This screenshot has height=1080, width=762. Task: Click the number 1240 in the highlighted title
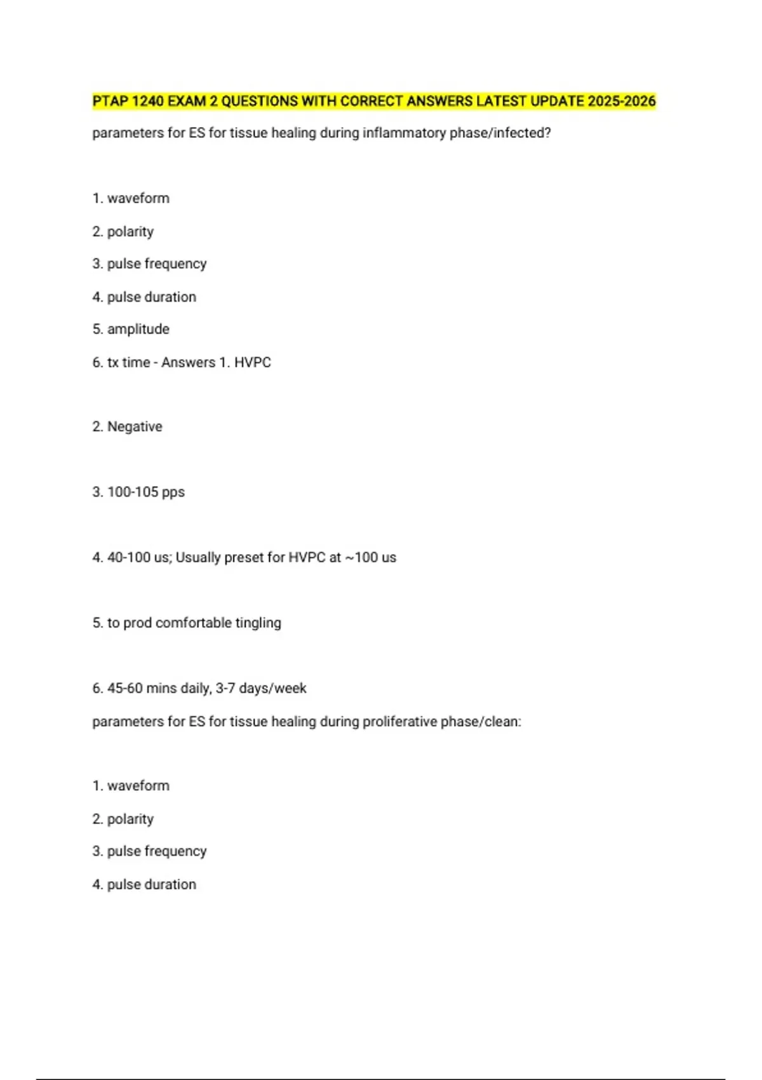(147, 101)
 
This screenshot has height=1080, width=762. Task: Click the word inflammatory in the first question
(404, 133)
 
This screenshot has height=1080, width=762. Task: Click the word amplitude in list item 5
(138, 329)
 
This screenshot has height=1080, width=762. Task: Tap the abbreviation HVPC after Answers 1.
(253, 362)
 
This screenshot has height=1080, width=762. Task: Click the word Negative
(135, 426)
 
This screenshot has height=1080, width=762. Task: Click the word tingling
(258, 623)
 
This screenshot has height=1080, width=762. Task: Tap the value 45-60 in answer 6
(124, 688)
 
